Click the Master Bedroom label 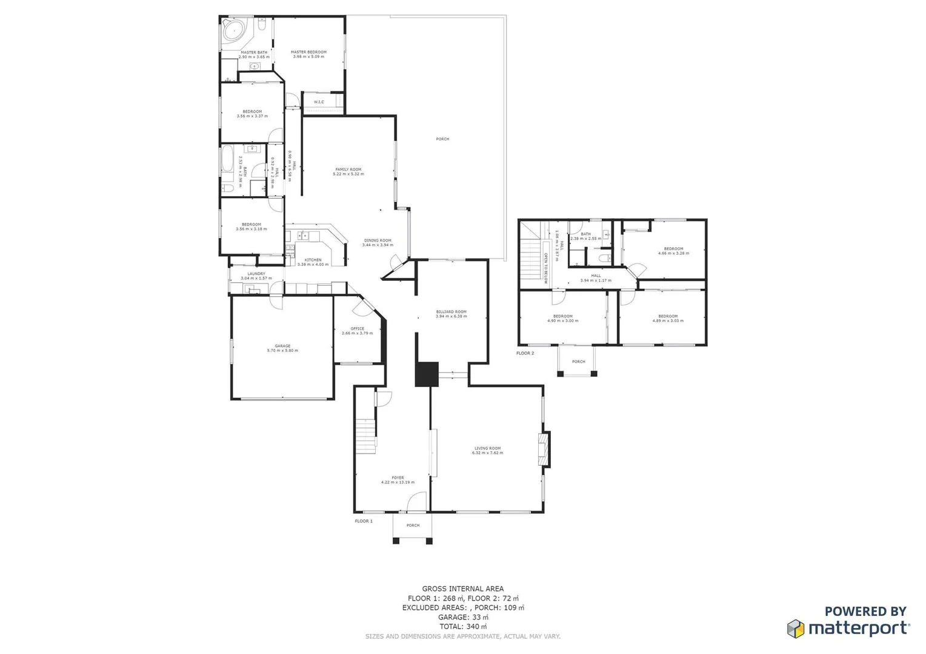point(308,53)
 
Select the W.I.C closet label point(319,102)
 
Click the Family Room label point(348,170)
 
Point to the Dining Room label point(378,241)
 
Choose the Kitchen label point(313,260)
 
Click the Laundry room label point(256,274)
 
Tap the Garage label point(282,346)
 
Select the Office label point(358,329)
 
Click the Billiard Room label point(451,312)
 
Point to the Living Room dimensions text point(487,453)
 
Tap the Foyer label point(398,478)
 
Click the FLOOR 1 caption point(364,521)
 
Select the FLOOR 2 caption point(525,353)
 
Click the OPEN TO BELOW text point(545,268)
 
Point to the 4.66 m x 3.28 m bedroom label point(673,251)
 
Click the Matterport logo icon point(796,629)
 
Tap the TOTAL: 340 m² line point(462,627)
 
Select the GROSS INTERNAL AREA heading point(462,589)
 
